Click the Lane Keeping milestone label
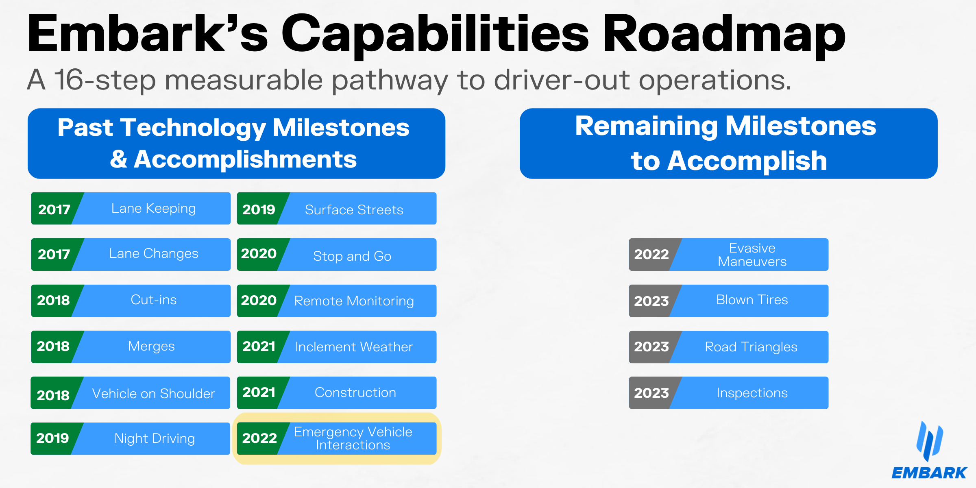point(154,209)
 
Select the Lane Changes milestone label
point(154,254)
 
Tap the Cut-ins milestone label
point(154,300)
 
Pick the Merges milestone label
point(151,346)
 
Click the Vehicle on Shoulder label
point(154,394)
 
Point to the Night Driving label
point(155,438)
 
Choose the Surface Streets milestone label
point(354,210)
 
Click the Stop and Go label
point(352,256)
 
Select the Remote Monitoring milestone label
point(354,301)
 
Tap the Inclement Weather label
point(354,347)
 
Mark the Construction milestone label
point(355,392)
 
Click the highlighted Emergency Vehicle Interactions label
point(353,438)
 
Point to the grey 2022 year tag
point(651,255)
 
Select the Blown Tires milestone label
point(752,300)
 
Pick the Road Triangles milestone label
point(751,347)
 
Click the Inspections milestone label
point(752,393)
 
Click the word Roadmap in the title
point(724,35)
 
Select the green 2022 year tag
point(259,438)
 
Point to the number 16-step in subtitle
point(105,80)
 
